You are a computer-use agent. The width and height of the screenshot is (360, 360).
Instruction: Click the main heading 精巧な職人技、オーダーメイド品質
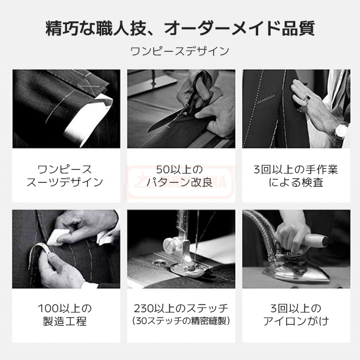tap(180, 29)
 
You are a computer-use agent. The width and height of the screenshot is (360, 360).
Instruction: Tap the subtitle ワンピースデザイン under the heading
tap(180, 51)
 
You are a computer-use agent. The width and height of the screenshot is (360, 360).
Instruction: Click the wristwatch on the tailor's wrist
tap(341, 130)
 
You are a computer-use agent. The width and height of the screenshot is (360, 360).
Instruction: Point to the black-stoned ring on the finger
tap(308, 98)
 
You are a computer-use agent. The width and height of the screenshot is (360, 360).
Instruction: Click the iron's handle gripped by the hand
tap(314, 241)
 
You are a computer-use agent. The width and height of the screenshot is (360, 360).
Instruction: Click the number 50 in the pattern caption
tap(163, 170)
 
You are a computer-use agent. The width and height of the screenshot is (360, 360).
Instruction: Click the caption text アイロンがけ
tap(296, 321)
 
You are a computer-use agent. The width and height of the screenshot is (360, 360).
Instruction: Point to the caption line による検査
tap(296, 182)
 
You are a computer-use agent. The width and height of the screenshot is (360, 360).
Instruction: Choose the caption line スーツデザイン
tap(65, 182)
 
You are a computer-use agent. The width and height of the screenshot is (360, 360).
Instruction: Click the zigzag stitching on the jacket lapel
tap(267, 100)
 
